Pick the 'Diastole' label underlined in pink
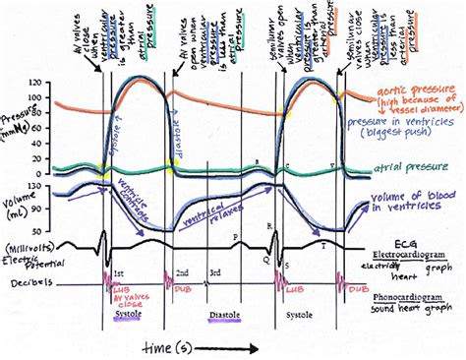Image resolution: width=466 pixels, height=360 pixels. tap(225, 317)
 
